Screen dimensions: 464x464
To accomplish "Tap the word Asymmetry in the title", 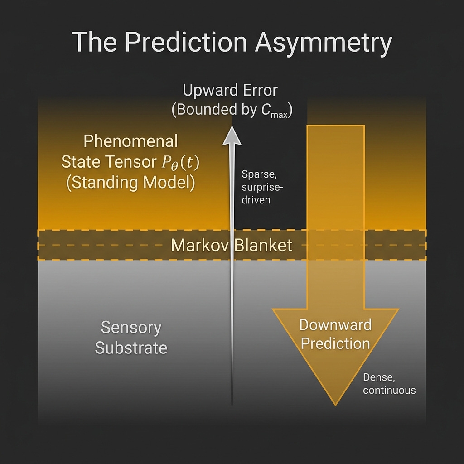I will [323, 43].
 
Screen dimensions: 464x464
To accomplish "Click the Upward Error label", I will [230, 90].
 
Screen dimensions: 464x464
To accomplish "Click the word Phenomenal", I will [131, 141].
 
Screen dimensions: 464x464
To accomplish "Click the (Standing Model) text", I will [130, 183].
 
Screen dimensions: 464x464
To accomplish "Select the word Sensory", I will [131, 328].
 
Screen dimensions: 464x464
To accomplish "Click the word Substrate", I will [131, 348].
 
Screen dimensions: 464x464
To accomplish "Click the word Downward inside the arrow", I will [335, 324].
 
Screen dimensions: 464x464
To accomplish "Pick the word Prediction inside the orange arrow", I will [335, 343].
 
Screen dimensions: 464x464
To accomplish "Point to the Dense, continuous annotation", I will [389, 384].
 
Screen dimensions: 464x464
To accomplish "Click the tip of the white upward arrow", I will [232, 127].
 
